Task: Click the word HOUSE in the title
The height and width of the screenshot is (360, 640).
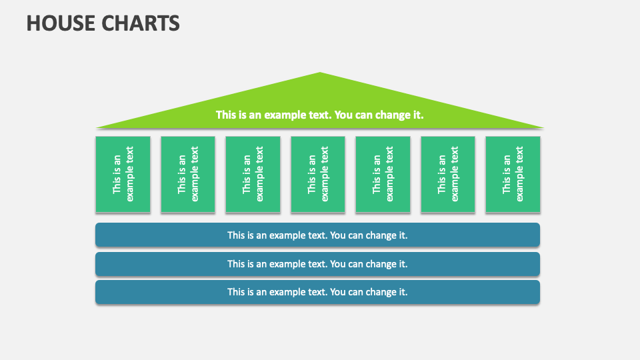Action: tap(61, 23)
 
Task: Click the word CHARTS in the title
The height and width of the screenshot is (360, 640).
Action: tap(141, 23)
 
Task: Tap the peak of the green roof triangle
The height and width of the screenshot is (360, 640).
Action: tap(320, 73)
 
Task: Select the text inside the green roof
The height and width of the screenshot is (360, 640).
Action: tap(320, 115)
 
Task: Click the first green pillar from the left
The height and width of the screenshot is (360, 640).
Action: tap(123, 174)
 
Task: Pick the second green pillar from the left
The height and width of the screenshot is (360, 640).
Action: tap(188, 174)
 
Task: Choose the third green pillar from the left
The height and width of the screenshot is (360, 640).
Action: tap(253, 174)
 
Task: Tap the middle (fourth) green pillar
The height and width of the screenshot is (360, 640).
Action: tap(318, 174)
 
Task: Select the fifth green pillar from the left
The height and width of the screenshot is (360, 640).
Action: tap(383, 174)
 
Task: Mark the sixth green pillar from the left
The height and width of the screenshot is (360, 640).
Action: tap(448, 174)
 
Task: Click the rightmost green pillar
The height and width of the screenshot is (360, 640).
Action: tap(513, 174)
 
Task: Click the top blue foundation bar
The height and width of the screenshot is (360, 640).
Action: tap(317, 235)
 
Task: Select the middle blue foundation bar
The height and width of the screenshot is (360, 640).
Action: tap(317, 263)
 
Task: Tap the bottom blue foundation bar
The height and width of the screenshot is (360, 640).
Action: tap(317, 292)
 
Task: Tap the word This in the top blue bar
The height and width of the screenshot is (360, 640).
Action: tap(237, 235)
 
